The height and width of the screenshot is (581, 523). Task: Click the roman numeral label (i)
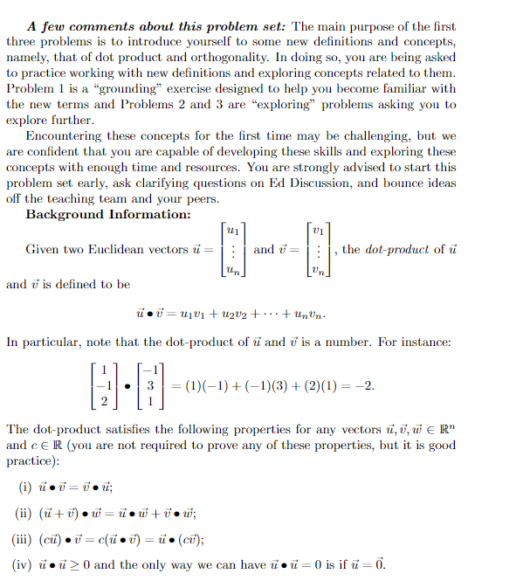click(x=25, y=487)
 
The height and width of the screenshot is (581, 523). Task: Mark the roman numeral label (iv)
click(x=29, y=564)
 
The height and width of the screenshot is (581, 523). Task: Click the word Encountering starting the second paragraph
click(x=65, y=135)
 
